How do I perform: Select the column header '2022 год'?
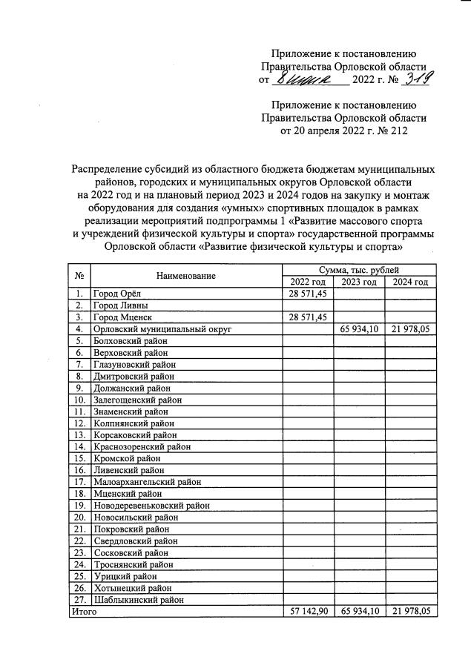308,282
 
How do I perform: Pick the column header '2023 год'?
359,282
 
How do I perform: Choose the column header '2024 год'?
410,282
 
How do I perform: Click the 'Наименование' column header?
185,276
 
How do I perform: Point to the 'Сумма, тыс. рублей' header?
359,270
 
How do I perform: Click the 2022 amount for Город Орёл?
308,294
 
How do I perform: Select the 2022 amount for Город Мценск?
308,317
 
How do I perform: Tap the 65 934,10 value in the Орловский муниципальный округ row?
359,328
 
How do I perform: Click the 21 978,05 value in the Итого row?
410,612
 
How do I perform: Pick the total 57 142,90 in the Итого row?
308,612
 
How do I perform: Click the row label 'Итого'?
83,612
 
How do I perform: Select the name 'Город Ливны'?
121,305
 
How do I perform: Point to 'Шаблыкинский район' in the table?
138,600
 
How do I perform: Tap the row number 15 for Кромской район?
79,458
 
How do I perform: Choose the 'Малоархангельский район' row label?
147,482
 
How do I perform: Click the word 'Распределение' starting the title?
105,168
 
